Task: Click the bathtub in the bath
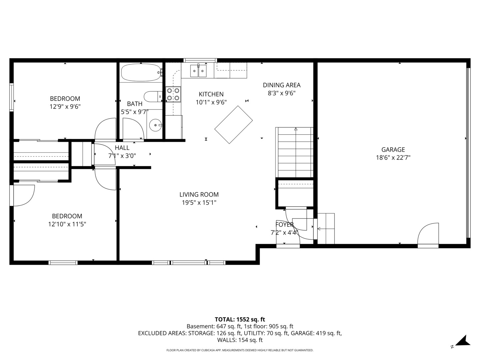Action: (x=141, y=72)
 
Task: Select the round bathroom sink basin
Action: (x=155, y=125)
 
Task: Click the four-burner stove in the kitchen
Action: (x=173, y=94)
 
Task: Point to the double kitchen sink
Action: (x=198, y=71)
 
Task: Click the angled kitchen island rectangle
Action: (x=234, y=125)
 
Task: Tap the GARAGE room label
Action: (x=393, y=150)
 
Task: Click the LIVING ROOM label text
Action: (x=199, y=195)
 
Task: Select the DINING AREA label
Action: (x=282, y=85)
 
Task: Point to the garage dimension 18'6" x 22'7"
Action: (x=393, y=158)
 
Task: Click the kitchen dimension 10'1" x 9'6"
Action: (x=211, y=102)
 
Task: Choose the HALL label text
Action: (x=122, y=148)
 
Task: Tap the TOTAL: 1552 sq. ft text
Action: (x=240, y=319)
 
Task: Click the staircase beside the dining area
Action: (x=294, y=152)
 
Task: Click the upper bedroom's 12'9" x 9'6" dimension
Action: (x=65, y=107)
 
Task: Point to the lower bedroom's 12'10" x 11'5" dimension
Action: (x=67, y=224)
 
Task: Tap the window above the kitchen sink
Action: (x=200, y=60)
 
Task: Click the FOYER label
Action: (x=284, y=224)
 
